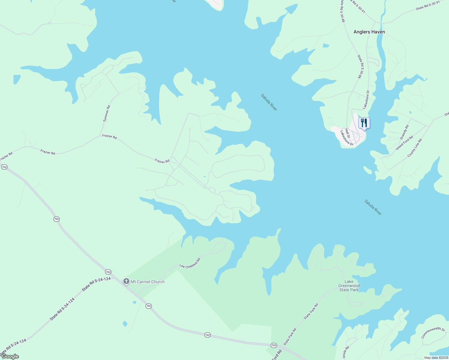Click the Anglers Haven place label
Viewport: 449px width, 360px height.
point(369,32)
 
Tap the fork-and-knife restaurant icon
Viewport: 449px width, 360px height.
point(364,123)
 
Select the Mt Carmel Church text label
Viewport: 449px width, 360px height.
point(147,282)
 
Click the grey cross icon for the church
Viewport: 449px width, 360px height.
point(126,281)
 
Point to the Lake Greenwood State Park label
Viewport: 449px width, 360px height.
point(349,286)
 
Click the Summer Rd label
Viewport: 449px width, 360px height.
point(107,113)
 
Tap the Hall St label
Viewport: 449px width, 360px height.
point(347,133)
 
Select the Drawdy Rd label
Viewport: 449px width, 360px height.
point(404,132)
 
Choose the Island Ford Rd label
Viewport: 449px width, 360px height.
point(404,143)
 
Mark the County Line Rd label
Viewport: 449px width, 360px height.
point(414,148)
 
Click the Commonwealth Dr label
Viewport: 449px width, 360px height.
point(433,332)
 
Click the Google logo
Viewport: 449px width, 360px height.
point(10,356)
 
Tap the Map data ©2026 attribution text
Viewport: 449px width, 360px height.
point(436,358)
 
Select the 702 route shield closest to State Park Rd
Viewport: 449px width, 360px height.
point(273,345)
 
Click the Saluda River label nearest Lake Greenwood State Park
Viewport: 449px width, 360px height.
point(373,207)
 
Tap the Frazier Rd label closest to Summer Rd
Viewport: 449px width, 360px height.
point(109,136)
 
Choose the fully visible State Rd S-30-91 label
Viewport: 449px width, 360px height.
point(428,5)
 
